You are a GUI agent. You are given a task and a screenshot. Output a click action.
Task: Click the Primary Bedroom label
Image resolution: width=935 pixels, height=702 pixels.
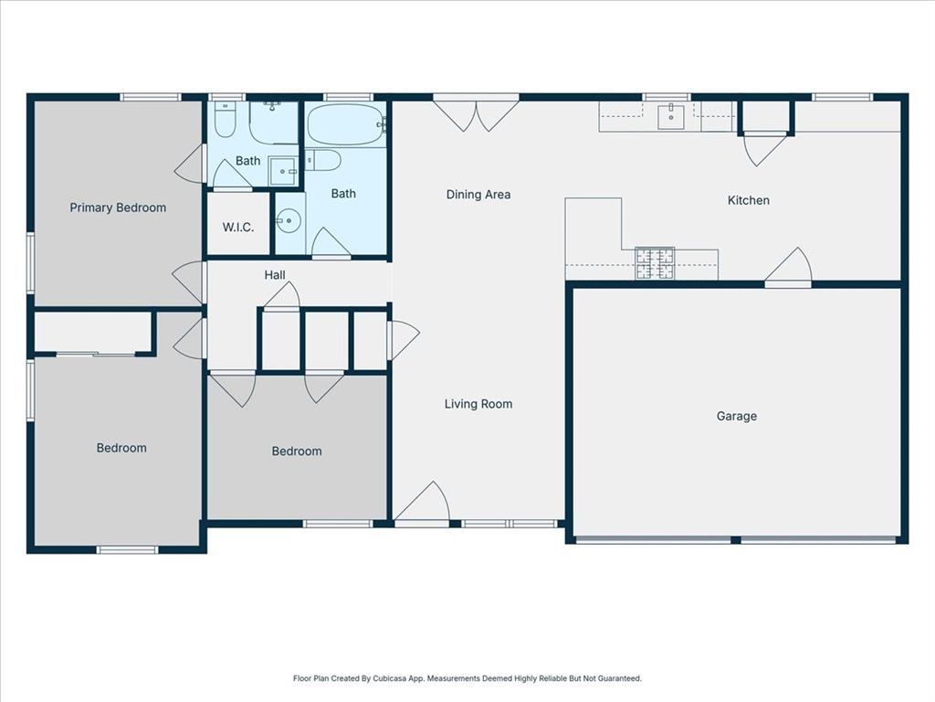(118, 207)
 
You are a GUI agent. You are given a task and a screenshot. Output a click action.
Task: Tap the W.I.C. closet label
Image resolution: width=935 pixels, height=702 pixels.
(238, 227)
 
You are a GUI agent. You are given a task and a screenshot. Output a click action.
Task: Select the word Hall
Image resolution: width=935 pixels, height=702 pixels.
(275, 274)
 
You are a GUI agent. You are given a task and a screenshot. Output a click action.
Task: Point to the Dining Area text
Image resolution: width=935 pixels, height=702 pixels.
(478, 194)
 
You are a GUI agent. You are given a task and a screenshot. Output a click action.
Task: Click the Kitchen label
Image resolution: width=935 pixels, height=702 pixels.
(748, 200)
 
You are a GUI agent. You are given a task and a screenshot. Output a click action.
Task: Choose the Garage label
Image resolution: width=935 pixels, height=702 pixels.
(736, 416)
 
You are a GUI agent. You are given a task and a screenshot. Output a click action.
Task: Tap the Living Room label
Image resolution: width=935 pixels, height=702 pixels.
(478, 404)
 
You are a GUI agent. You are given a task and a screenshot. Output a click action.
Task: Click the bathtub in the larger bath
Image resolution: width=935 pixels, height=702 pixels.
(345, 125)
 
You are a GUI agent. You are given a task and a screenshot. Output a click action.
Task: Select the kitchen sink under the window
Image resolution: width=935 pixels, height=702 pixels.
(671, 117)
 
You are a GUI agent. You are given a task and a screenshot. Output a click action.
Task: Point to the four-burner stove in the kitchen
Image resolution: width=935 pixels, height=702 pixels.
(655, 263)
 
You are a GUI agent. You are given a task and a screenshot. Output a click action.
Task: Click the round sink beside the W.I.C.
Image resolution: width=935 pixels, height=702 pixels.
(289, 221)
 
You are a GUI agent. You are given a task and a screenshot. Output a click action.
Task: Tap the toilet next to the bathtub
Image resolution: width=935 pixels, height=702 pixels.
(323, 161)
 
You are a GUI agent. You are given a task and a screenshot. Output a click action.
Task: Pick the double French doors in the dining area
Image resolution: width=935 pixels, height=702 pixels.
(476, 113)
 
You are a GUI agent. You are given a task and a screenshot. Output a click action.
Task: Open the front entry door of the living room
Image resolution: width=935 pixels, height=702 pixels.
(423, 505)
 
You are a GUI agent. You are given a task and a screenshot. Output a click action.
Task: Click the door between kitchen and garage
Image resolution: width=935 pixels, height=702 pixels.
(789, 268)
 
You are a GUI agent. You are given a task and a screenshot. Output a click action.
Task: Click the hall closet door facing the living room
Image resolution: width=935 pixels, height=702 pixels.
(402, 339)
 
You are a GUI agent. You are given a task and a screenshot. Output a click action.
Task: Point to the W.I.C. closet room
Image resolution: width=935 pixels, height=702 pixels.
(238, 239)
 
